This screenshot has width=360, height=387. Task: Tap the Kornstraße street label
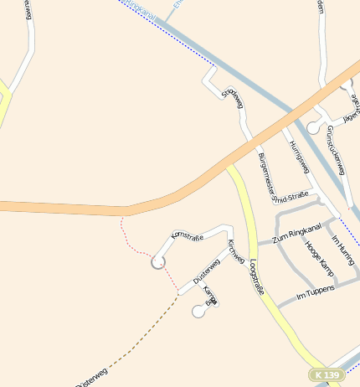[x=188, y=238]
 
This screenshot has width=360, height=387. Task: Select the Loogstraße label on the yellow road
[x=258, y=277]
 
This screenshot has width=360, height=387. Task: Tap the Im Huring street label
[x=342, y=252]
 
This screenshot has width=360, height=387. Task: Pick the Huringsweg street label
[x=299, y=157]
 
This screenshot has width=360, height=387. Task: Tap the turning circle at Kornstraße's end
[x=157, y=262]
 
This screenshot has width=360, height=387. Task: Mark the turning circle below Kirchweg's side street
[x=198, y=312]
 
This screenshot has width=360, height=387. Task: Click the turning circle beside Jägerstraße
[x=313, y=128]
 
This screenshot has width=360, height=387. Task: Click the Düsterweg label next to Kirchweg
[x=206, y=270]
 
